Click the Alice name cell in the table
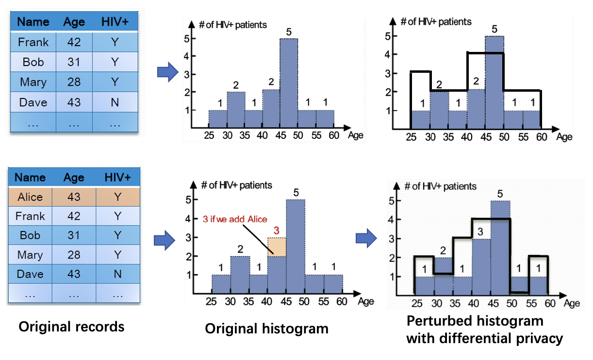tap(30, 197)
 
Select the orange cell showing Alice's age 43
tap(74, 197)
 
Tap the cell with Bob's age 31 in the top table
tap(74, 62)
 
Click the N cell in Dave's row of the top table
tap(115, 102)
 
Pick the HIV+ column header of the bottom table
tap(117, 178)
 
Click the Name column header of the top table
tap(33, 22)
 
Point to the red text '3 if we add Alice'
tap(234, 219)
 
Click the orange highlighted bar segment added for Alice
tap(277, 246)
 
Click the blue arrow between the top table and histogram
tap(167, 72)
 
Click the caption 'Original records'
tap(71, 327)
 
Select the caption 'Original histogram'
tap(266, 328)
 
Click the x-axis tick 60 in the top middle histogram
tap(334, 136)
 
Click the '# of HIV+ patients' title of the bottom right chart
tap(441, 186)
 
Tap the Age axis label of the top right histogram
tap(564, 137)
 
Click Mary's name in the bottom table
tap(30, 255)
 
